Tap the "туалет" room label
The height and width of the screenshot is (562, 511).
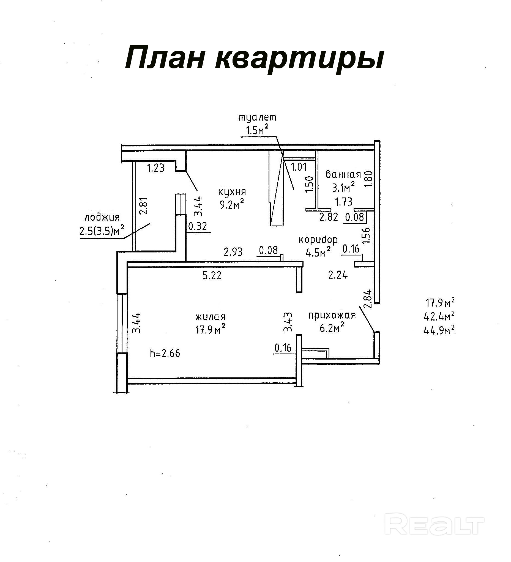[258, 117]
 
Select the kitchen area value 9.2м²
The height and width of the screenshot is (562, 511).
[232, 205]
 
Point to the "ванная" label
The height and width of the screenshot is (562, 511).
[343, 175]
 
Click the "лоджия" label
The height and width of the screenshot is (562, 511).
[102, 217]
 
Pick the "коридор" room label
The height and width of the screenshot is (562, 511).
[318, 240]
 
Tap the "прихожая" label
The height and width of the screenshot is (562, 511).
[332, 315]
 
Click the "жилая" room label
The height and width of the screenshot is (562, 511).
[210, 317]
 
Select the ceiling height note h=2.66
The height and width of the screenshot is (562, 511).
[165, 354]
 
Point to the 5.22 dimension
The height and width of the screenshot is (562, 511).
[212, 276]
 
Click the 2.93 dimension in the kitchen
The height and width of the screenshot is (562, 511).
[233, 252]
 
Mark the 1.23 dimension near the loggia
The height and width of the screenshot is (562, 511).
[156, 168]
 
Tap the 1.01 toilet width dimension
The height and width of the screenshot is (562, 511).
[299, 167]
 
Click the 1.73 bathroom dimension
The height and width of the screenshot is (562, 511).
[344, 202]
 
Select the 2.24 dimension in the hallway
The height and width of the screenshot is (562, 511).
[338, 276]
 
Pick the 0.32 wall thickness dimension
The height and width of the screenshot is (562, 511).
[198, 227]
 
